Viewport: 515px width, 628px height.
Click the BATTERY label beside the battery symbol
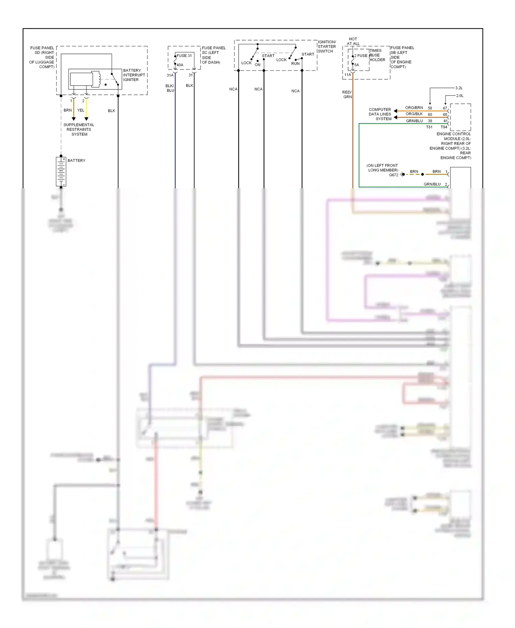76,160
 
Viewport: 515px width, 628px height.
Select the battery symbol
61,172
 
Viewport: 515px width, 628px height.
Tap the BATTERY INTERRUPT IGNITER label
134,75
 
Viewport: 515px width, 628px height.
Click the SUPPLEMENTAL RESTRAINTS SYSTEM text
79,130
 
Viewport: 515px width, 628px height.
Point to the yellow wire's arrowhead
86,119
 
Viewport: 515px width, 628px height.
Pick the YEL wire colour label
81,110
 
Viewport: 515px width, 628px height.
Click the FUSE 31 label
184,56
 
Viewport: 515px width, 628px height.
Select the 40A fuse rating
180,65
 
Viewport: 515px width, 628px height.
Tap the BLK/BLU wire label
170,88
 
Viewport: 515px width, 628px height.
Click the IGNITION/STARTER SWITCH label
327,47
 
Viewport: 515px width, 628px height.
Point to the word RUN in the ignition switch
295,64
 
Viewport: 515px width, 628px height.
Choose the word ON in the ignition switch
257,65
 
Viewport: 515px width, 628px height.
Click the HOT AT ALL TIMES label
353,41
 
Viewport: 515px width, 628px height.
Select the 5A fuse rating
357,65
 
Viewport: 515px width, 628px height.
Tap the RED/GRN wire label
347,94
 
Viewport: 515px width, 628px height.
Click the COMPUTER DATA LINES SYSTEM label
380,114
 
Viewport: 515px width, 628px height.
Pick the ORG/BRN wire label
414,108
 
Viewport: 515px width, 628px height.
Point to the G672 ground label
393,175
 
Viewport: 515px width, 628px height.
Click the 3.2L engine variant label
459,88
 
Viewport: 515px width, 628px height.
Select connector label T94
444,127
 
